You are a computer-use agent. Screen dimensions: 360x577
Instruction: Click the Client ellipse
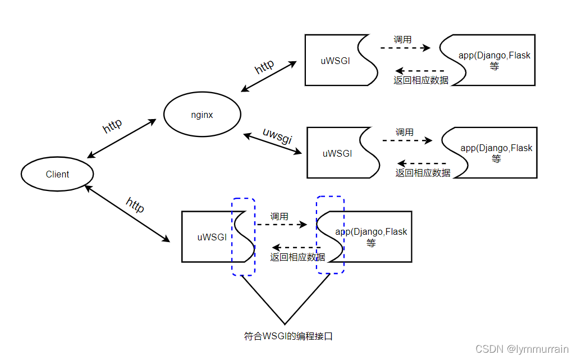click(x=57, y=174)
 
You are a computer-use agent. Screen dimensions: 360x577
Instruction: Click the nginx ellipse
click(x=202, y=115)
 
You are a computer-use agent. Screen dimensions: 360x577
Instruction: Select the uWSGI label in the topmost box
click(x=335, y=61)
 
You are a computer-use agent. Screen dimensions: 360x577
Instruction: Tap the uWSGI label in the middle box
click(x=337, y=153)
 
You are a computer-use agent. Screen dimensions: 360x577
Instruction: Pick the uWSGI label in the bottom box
click(x=212, y=237)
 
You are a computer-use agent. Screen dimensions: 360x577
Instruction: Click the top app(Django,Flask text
click(x=494, y=56)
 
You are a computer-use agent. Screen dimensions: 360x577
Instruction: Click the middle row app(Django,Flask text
click(x=496, y=148)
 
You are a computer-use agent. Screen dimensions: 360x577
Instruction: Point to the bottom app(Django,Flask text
click(x=371, y=231)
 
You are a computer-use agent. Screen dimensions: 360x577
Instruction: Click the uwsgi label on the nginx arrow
click(x=277, y=135)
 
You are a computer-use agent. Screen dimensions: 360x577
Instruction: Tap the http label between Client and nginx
click(x=112, y=126)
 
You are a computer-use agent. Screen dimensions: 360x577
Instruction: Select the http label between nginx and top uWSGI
click(x=264, y=66)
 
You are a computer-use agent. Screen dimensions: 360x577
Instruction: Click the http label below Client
click(x=135, y=205)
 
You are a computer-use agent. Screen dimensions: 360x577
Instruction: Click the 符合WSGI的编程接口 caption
click(x=288, y=336)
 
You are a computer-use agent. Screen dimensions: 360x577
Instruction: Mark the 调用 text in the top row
click(x=402, y=39)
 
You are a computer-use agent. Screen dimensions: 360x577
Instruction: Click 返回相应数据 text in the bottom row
click(x=297, y=257)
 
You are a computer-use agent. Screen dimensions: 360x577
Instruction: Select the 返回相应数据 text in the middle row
click(x=423, y=173)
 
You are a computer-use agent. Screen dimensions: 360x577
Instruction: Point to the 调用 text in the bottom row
click(x=279, y=216)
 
